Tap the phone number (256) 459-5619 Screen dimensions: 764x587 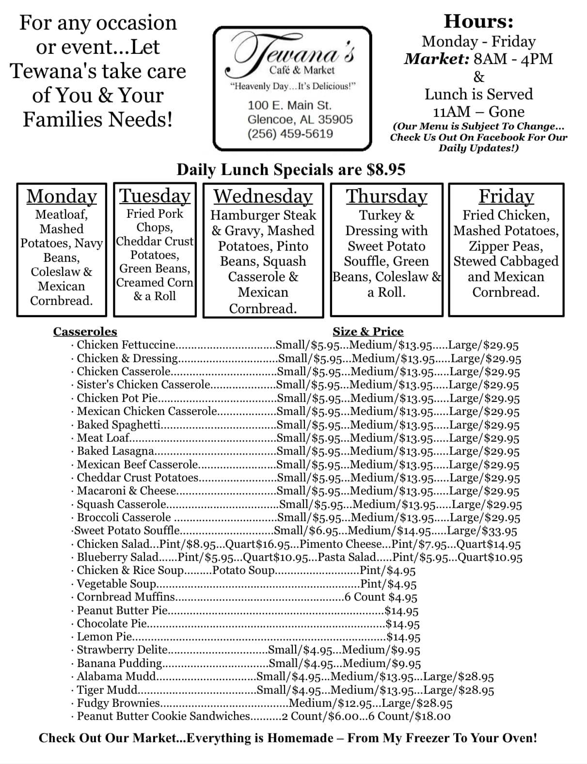(x=290, y=134)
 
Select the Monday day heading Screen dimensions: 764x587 (x=62, y=196)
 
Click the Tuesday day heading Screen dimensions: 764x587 (x=155, y=196)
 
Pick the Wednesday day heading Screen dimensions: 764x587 (x=263, y=196)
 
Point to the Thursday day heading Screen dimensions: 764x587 (x=386, y=196)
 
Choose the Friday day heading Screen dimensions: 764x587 (x=506, y=196)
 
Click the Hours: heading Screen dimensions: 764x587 (x=478, y=22)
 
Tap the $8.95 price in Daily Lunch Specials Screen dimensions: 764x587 (x=386, y=170)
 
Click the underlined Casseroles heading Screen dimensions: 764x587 (x=85, y=332)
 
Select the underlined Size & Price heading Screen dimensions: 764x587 (x=368, y=332)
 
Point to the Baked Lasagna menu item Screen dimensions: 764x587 (x=115, y=451)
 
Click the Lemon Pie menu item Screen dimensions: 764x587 (x=104, y=637)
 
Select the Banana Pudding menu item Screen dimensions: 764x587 (x=120, y=663)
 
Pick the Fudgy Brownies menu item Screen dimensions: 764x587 (x=118, y=703)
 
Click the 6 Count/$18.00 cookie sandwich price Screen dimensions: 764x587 (x=414, y=716)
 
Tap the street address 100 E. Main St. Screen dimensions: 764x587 (x=289, y=105)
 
